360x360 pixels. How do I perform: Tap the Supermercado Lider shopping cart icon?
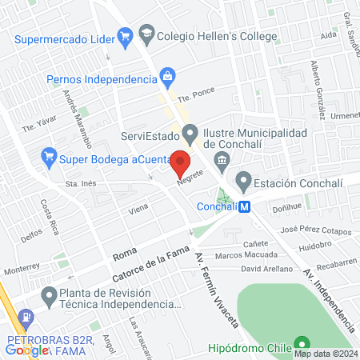(124, 35)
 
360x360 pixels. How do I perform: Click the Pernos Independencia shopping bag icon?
(166, 78)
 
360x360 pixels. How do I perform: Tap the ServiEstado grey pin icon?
(190, 132)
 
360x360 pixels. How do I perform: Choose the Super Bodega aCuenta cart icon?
(49, 155)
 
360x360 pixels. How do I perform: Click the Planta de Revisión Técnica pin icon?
(50, 297)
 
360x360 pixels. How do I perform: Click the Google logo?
(26, 349)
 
